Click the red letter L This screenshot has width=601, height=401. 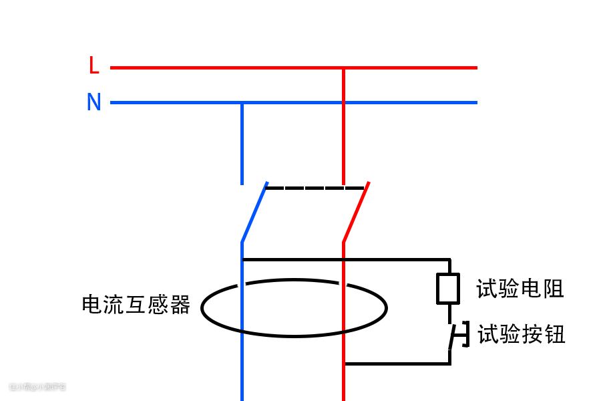pos(94,66)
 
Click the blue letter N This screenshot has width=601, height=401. pos(94,102)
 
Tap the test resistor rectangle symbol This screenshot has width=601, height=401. pos(447,289)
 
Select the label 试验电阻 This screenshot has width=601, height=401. pos(520,289)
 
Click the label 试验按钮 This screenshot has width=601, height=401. pos(521,333)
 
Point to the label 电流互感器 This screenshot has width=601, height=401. pos(136,305)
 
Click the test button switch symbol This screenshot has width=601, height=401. pos(457,336)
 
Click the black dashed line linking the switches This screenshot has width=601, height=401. pos(314,188)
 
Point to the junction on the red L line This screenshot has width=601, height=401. pos(343,68)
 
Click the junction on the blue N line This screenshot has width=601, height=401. pos(242,103)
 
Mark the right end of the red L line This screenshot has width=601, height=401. pos(476,68)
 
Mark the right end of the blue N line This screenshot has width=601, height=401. pos(476,103)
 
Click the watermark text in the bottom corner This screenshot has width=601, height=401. pos(37,386)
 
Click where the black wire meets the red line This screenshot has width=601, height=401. pos(344,364)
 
